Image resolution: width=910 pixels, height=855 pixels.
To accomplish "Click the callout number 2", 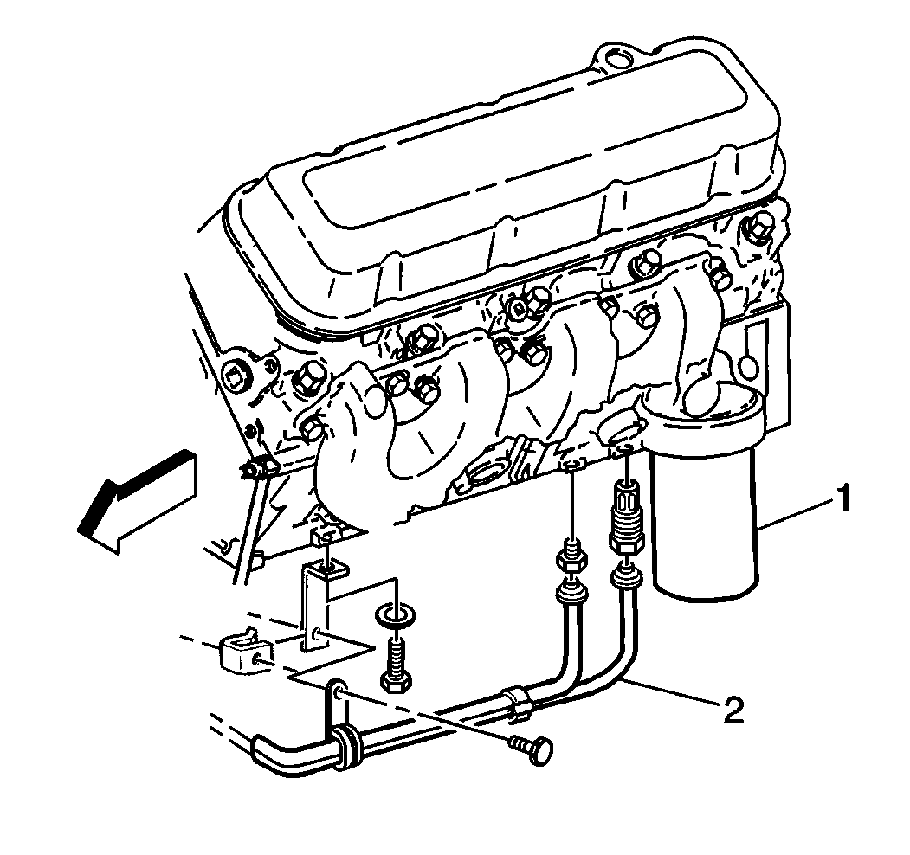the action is (x=733, y=710).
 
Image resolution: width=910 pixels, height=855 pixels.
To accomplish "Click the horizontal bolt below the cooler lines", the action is (x=532, y=749).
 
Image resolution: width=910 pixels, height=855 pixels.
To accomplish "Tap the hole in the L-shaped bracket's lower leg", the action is (x=315, y=636).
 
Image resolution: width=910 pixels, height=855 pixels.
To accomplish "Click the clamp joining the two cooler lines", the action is (x=515, y=703).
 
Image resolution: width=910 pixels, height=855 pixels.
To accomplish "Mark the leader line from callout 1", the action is (x=796, y=511).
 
